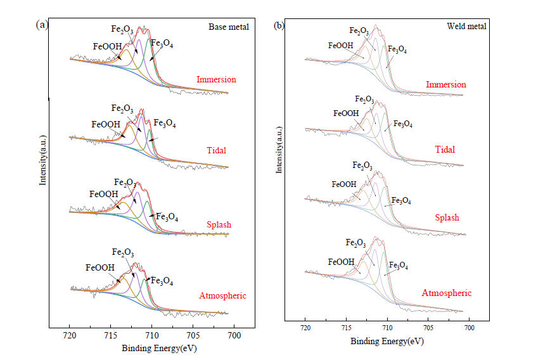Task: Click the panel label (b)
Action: click(x=279, y=26)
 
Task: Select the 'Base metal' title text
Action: click(x=229, y=27)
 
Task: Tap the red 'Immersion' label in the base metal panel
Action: click(x=216, y=80)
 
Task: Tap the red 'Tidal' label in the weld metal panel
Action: click(x=446, y=150)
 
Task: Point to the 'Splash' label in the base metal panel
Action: click(x=219, y=225)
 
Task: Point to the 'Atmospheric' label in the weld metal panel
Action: click(x=447, y=293)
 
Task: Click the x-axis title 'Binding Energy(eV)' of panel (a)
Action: click(x=151, y=348)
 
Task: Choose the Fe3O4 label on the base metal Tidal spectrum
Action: click(x=165, y=124)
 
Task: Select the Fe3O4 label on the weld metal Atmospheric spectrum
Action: click(x=398, y=266)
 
